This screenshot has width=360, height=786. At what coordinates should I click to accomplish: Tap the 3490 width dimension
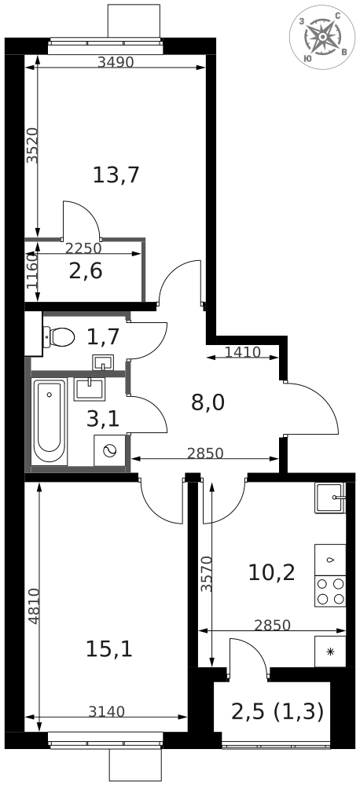116,63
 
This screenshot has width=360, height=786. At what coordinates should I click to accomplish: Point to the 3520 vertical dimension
31,145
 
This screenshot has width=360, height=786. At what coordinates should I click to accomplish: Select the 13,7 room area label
116,174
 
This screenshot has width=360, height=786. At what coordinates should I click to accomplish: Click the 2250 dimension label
83,248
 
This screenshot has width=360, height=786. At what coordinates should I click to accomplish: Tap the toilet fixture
58,337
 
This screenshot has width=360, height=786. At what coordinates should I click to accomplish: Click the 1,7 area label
102,337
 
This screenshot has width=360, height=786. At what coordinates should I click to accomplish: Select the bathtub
50,421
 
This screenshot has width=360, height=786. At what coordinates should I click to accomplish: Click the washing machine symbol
109,450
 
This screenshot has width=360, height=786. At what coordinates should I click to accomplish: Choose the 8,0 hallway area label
208,402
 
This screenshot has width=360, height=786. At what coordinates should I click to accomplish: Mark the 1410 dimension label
242,352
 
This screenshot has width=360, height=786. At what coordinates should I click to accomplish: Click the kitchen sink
329,498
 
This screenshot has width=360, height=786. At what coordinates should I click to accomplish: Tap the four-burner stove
330,591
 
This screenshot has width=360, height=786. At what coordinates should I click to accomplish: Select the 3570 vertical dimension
206,574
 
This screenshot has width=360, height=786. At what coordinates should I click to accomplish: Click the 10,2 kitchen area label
271,572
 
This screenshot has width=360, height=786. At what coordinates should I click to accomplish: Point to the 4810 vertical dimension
32,606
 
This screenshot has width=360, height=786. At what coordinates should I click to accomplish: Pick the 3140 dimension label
106,712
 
